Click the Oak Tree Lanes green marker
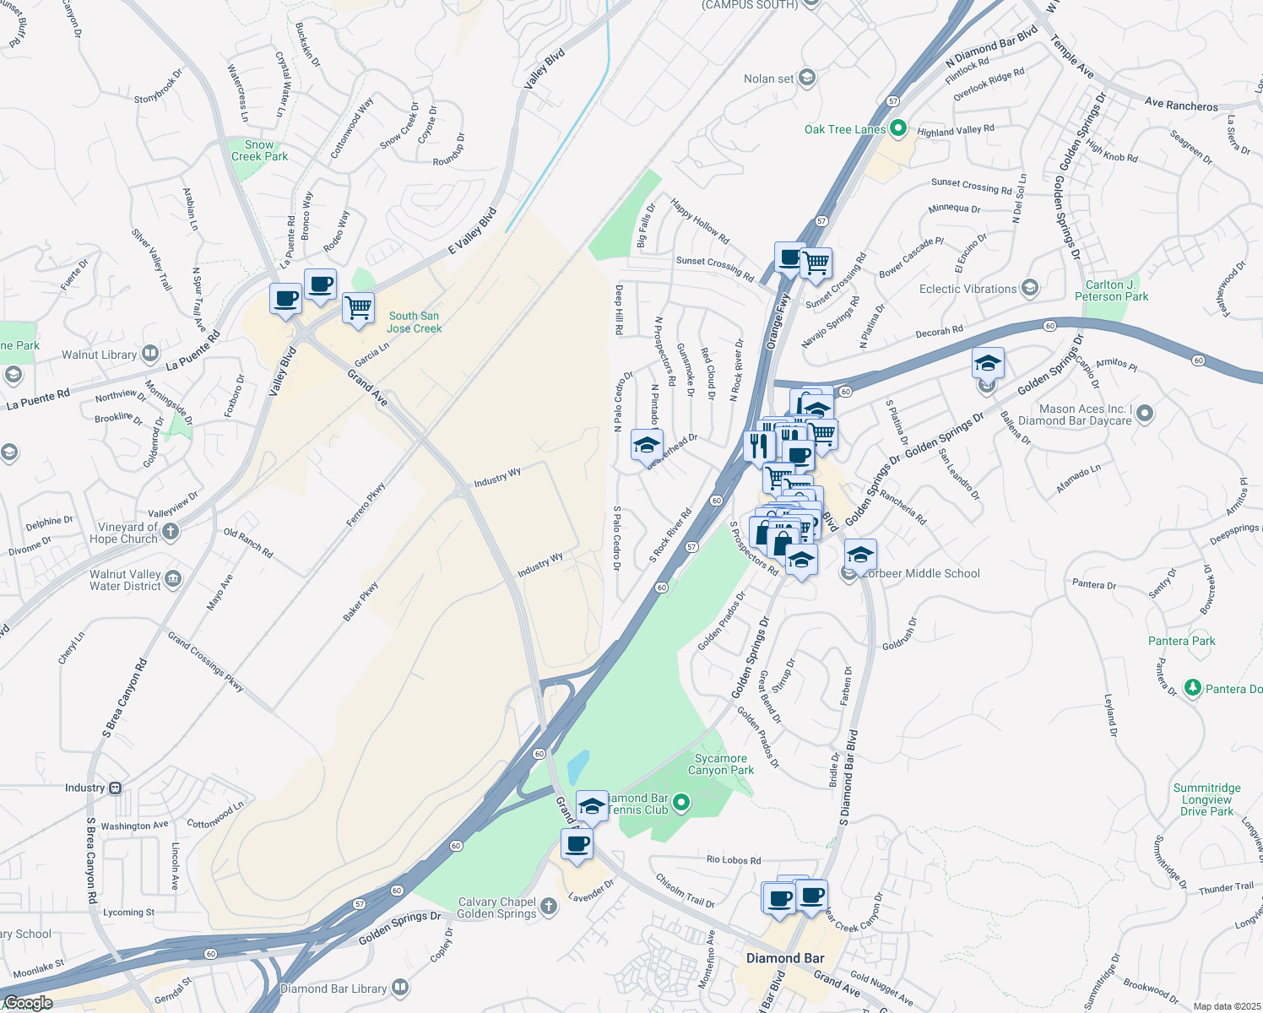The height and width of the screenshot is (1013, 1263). (x=898, y=129)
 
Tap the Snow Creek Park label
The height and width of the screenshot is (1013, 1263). (x=259, y=151)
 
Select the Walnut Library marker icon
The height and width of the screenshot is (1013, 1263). (x=149, y=353)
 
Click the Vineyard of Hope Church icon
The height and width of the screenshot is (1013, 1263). (x=171, y=531)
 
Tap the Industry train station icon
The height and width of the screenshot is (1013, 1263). (x=116, y=788)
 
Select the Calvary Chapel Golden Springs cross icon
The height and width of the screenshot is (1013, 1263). (x=549, y=907)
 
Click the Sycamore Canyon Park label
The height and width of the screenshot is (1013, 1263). (x=721, y=765)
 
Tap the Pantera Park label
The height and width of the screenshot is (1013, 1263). (x=1181, y=642)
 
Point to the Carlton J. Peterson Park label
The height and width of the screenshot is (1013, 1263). (x=1111, y=291)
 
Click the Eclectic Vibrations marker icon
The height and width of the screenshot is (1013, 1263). (x=1029, y=289)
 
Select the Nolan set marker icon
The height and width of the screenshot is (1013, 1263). (x=806, y=79)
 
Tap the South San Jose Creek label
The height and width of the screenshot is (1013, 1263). (x=414, y=322)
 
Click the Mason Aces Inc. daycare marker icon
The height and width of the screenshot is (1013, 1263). (x=1145, y=414)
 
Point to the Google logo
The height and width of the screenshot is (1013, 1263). (x=28, y=1003)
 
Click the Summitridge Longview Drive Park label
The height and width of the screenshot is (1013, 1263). (x=1206, y=800)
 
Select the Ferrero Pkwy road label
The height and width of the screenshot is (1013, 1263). (x=366, y=505)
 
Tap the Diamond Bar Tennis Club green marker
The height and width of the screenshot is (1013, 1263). (x=682, y=803)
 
